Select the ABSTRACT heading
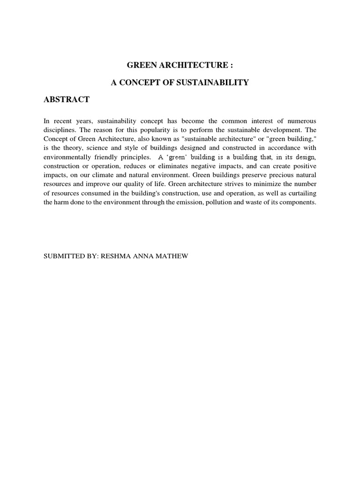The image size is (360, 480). pos(66,99)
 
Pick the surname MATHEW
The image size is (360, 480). pos(172,256)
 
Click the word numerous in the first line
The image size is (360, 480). pos(301,121)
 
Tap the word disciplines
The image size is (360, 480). pos(59,130)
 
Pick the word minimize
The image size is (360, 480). pos(250,184)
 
